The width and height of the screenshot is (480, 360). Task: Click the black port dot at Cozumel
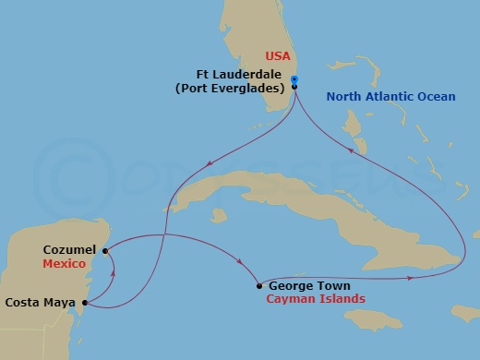[105, 249]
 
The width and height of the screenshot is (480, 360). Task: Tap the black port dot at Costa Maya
[84, 302]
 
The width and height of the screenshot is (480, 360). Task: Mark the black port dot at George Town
[258, 286]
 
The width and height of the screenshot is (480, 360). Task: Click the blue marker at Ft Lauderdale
[294, 79]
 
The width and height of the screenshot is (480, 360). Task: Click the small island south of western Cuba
[218, 216]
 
